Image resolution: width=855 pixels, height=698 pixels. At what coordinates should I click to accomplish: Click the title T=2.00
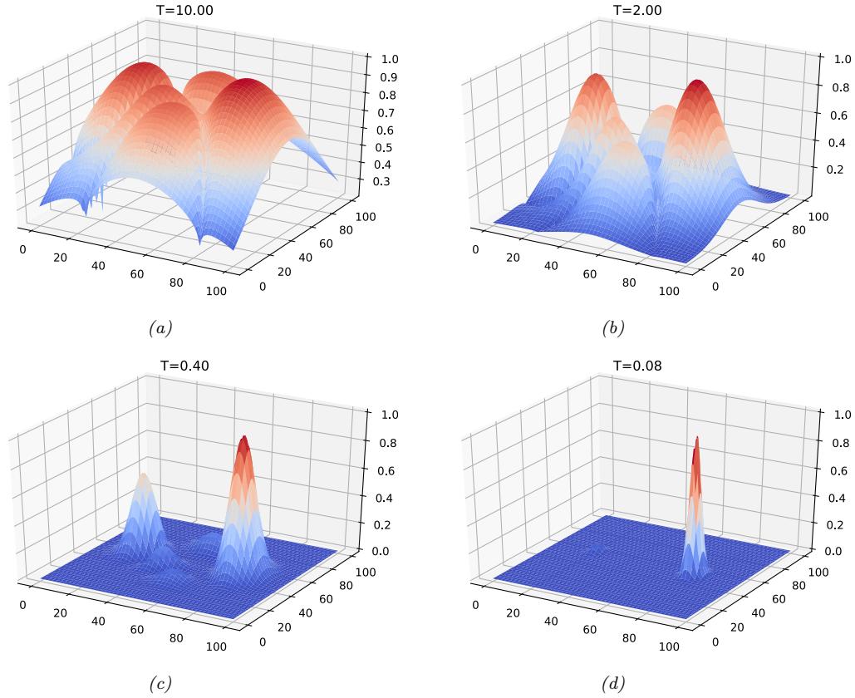pyautogui.click(x=637, y=11)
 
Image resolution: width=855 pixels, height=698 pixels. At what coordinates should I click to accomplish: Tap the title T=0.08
pyautogui.click(x=637, y=366)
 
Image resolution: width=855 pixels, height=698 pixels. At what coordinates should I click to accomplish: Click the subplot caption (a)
pyautogui.click(x=160, y=328)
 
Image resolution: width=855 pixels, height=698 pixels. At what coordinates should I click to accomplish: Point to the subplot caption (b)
pyautogui.click(x=613, y=328)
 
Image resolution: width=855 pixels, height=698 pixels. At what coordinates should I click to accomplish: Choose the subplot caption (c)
pyautogui.click(x=160, y=683)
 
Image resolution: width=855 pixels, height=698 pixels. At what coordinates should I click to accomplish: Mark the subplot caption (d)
pyautogui.click(x=613, y=683)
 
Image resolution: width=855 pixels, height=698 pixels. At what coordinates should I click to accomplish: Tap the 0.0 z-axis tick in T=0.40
pyautogui.click(x=387, y=551)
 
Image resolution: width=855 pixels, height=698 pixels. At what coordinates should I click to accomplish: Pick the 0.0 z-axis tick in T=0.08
pyautogui.click(x=838, y=551)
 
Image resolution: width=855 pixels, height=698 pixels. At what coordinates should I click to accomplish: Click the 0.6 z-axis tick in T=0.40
pyautogui.click(x=387, y=470)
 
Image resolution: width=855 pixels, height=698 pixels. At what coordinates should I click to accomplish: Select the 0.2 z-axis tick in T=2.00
pyautogui.click(x=838, y=170)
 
